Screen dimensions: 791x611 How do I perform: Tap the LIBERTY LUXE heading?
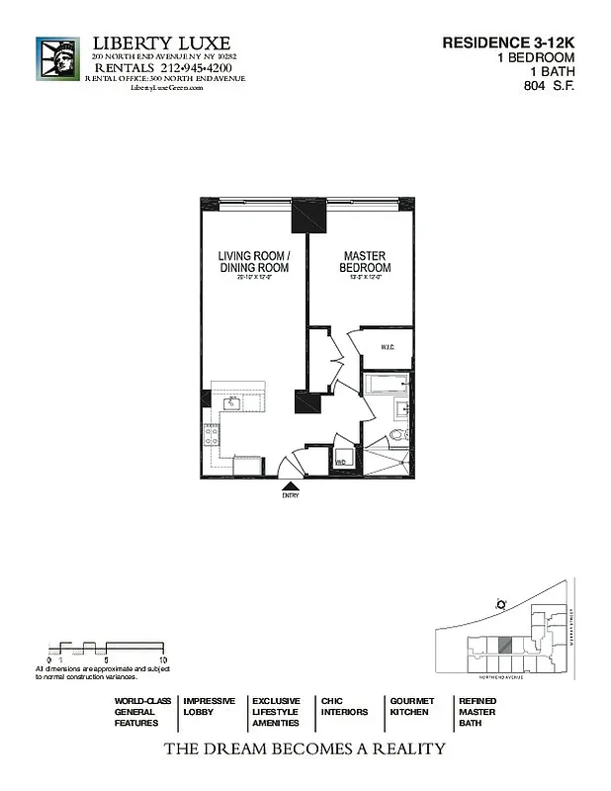click(x=161, y=44)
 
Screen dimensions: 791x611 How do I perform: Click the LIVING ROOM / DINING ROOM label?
click(x=253, y=262)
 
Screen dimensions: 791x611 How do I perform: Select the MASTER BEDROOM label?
click(x=365, y=262)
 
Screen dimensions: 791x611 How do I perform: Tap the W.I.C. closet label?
click(x=390, y=346)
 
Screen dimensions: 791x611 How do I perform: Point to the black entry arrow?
click(x=291, y=485)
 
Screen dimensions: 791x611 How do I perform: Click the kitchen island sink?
click(x=234, y=403)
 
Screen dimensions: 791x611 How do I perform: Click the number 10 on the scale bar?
click(x=163, y=658)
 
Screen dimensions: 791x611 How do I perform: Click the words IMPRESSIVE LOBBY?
click(x=209, y=706)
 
